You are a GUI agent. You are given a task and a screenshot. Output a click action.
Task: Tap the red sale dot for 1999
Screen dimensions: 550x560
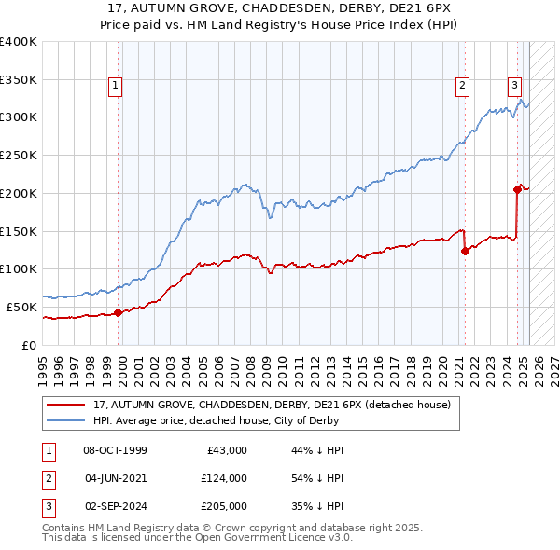click(x=119, y=313)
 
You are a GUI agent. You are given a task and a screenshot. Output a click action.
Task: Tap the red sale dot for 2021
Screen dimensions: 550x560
click(x=465, y=250)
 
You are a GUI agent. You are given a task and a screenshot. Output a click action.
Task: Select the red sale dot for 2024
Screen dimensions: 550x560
click(x=517, y=189)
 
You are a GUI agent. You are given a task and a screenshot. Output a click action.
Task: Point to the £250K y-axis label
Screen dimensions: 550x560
click(x=19, y=155)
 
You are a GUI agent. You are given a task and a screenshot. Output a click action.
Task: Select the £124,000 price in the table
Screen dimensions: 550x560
click(x=223, y=478)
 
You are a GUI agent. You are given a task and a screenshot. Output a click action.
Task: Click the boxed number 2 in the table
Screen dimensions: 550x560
click(x=46, y=478)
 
